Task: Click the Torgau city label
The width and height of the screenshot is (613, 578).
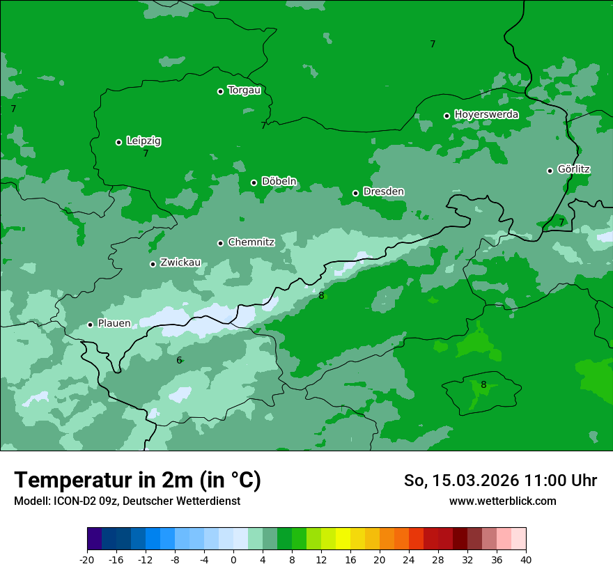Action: (x=244, y=91)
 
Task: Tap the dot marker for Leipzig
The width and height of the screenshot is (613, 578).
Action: (x=118, y=142)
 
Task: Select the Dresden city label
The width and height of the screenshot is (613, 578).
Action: (x=383, y=192)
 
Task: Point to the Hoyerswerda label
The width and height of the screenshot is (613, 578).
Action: (x=486, y=114)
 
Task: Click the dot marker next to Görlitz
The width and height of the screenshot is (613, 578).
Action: (x=550, y=171)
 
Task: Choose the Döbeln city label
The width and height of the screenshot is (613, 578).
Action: (x=279, y=182)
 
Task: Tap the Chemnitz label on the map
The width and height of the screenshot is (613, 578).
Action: (x=251, y=242)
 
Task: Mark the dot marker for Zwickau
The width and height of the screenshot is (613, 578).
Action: (x=153, y=264)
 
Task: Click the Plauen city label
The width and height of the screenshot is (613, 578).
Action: (x=114, y=324)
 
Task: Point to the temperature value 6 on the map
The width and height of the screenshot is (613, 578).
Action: (x=179, y=361)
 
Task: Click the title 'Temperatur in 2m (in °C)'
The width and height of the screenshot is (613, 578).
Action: (x=137, y=481)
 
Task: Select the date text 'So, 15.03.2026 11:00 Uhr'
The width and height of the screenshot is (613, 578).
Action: (x=500, y=481)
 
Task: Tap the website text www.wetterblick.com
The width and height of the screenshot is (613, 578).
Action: (x=502, y=501)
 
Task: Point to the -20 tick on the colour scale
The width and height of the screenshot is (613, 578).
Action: (x=87, y=560)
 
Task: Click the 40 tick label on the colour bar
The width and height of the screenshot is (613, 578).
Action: (x=525, y=560)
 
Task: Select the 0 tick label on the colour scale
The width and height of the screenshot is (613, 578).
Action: (x=233, y=560)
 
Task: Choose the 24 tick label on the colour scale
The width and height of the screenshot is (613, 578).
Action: (x=408, y=560)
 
